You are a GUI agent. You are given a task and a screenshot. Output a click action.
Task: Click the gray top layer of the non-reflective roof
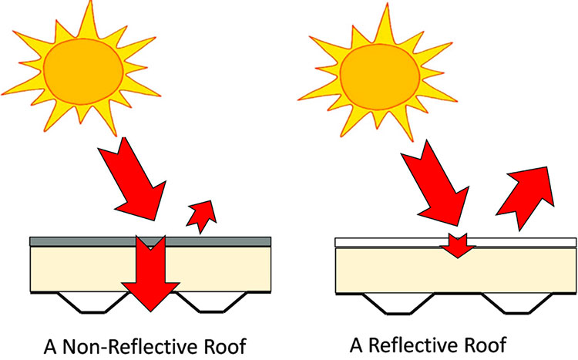tap(77, 241)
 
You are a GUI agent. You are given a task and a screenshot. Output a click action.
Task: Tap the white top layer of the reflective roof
tap(385, 242)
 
